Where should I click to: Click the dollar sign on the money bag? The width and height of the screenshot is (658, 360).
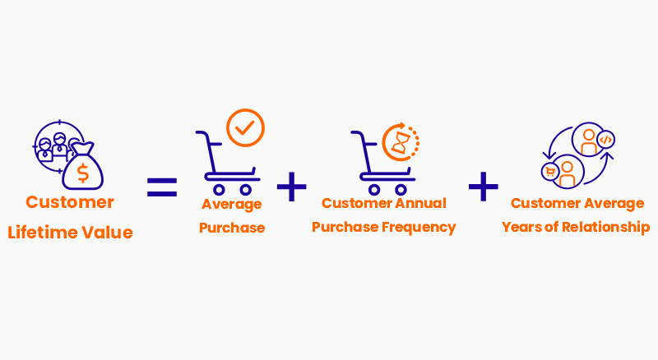(83, 173)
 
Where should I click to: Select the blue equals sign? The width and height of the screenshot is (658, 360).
(162, 187)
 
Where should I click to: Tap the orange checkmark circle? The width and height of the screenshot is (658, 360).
(245, 127)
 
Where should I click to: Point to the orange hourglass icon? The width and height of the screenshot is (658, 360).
(399, 143)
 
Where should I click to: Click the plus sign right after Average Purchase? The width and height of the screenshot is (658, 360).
(292, 187)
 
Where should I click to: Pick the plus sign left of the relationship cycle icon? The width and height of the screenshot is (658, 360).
(484, 187)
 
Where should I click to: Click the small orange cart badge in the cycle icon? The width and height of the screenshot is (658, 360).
(550, 171)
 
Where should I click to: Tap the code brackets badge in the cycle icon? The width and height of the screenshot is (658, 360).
(605, 140)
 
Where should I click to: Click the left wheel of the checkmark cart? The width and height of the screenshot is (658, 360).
(219, 190)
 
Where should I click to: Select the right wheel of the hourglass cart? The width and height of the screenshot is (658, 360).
(401, 190)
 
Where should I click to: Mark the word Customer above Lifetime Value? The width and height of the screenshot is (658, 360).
(70, 202)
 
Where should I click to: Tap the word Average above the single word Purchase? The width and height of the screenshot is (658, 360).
(232, 205)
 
